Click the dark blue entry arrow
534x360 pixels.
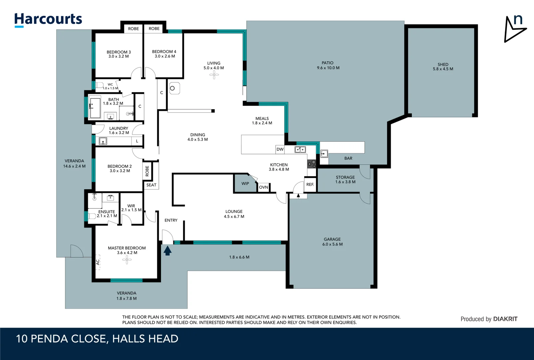pyautogui.click(x=168, y=250)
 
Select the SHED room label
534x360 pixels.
pyautogui.click(x=443, y=66)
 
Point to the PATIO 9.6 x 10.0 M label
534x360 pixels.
pyautogui.click(x=328, y=65)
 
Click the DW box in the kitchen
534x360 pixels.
pyautogui.click(x=280, y=149)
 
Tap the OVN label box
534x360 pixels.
pyautogui.click(x=264, y=187)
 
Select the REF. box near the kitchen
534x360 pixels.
pyautogui.click(x=310, y=184)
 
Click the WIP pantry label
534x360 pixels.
pyautogui.click(x=245, y=184)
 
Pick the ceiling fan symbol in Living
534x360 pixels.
pyautogui.click(x=214, y=75)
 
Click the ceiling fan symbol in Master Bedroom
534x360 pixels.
pyautogui.click(x=127, y=260)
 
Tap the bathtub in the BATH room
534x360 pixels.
pyautogui.click(x=95, y=107)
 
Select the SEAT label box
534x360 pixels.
pyautogui.click(x=151, y=185)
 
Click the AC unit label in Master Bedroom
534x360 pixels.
pyautogui.click(x=98, y=262)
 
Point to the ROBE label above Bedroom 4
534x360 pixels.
pyautogui.click(x=154, y=29)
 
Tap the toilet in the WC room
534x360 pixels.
pyautogui.click(x=99, y=85)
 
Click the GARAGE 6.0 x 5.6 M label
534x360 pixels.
pyautogui.click(x=332, y=242)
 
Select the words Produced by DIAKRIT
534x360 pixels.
pyautogui.click(x=489, y=319)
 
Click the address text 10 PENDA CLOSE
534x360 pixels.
pyautogui.click(x=61, y=339)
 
